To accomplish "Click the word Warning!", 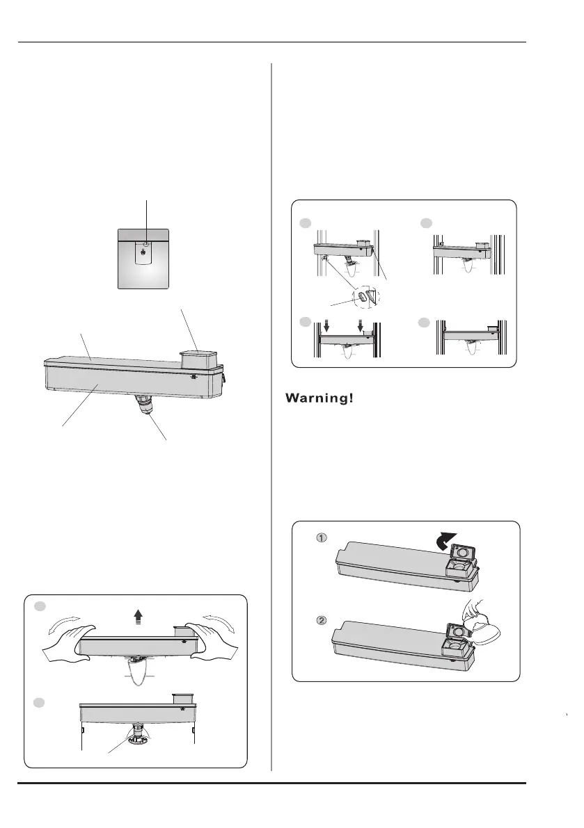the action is [x=319, y=398].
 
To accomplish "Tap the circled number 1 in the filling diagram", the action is [x=322, y=538].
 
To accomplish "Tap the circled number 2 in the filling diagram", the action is [x=322, y=620].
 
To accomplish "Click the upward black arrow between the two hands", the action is [x=138, y=615].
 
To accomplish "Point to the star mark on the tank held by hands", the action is [x=184, y=640].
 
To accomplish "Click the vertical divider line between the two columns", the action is [x=271, y=417].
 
